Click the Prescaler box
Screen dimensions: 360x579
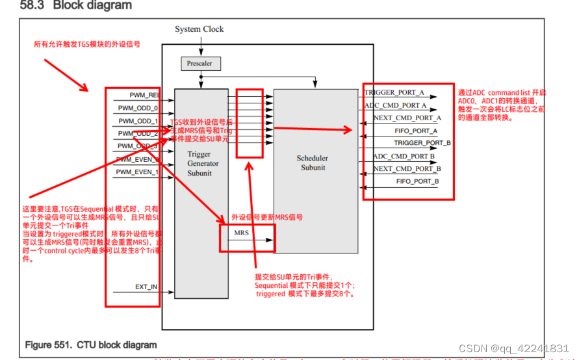coord(200,63)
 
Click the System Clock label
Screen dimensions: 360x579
coord(199,29)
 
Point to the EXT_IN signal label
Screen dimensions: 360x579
coord(146,286)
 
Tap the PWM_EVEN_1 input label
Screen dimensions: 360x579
coord(137,172)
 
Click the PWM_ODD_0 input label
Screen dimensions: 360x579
coord(138,108)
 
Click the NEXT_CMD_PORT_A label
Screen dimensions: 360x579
coord(407,118)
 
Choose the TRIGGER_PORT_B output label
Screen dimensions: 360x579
coord(422,143)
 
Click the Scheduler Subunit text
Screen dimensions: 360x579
coord(313,162)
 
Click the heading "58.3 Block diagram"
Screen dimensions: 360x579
coord(76,6)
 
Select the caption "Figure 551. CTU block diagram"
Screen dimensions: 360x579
coord(90,344)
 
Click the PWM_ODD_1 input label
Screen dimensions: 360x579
coord(138,121)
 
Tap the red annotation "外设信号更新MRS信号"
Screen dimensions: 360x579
coord(267,217)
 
